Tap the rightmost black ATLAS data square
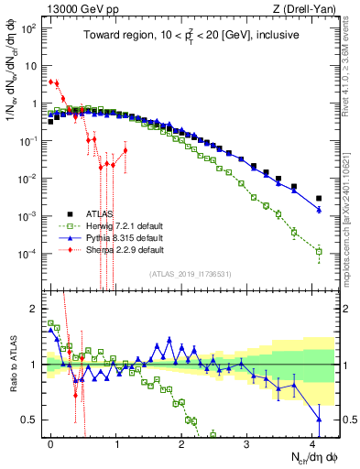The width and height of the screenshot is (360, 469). tap(319, 198)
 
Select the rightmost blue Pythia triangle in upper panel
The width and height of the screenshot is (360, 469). tap(319, 210)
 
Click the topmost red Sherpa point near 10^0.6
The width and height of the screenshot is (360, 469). tap(51, 81)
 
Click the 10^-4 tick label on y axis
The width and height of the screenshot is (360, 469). tap(29, 252)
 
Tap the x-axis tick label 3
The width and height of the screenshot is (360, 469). tap(247, 442)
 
